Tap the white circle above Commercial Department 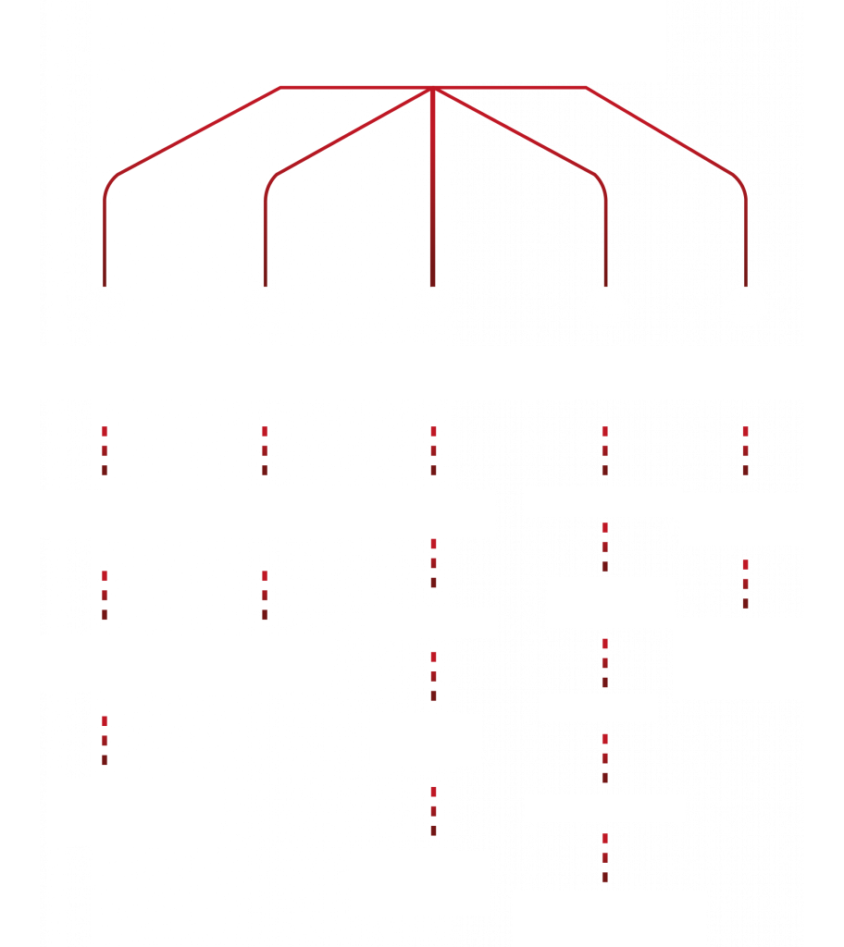click(105, 306)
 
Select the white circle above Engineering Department click(433, 306)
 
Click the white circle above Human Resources click(745, 306)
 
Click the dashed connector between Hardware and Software click(433, 562)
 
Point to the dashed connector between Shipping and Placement click(605, 758)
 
